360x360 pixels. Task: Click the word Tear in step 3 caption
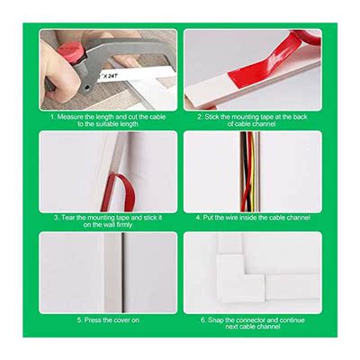[67, 217]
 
